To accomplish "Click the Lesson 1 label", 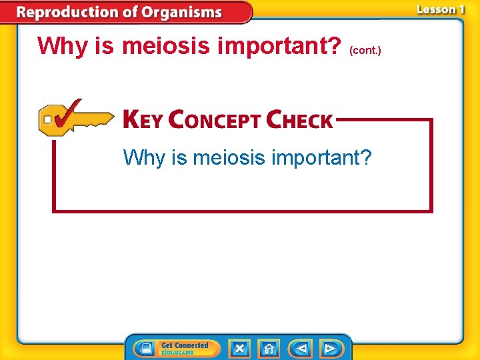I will click(x=441, y=9).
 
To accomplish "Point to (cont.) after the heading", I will click(x=365, y=50).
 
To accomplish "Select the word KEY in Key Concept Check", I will click(x=143, y=120).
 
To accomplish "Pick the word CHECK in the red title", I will click(x=299, y=120).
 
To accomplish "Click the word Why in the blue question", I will click(x=143, y=158).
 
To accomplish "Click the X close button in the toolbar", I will click(x=239, y=348).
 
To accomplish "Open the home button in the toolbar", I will click(x=269, y=348).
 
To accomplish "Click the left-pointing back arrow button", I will click(x=301, y=348).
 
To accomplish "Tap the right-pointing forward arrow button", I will click(x=329, y=348).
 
